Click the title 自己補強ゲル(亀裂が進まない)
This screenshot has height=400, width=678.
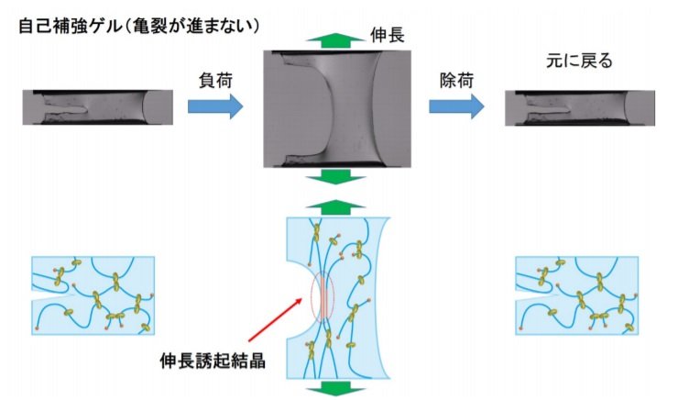tap(138, 27)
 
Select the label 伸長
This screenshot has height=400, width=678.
tap(390, 36)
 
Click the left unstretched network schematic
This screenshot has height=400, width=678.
tap(99, 293)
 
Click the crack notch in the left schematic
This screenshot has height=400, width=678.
tap(51, 298)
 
